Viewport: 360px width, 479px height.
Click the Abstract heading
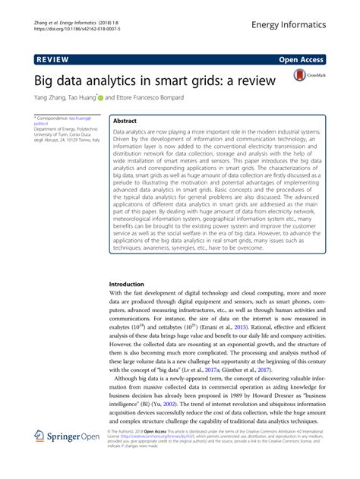click(x=125, y=121)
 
